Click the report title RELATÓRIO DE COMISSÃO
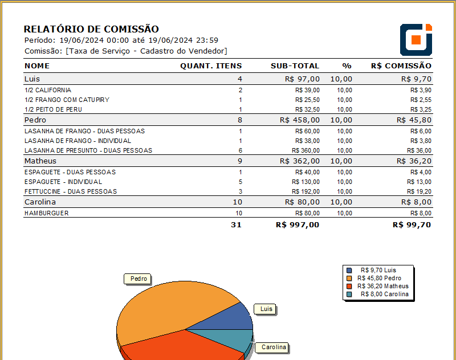click(x=91, y=29)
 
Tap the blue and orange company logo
click(x=416, y=39)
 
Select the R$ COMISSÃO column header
click(x=401, y=66)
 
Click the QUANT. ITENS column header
click(x=211, y=66)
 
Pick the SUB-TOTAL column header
click(x=295, y=66)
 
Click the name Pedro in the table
click(x=35, y=120)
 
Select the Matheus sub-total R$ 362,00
click(x=301, y=161)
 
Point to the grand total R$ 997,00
click(x=297, y=224)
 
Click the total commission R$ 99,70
click(x=412, y=224)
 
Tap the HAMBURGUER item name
click(x=46, y=213)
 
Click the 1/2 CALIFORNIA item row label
click(x=48, y=90)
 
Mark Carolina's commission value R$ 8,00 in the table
click(x=416, y=202)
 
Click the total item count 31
click(x=237, y=224)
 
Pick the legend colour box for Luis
click(x=349, y=270)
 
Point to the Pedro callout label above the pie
click(x=139, y=279)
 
